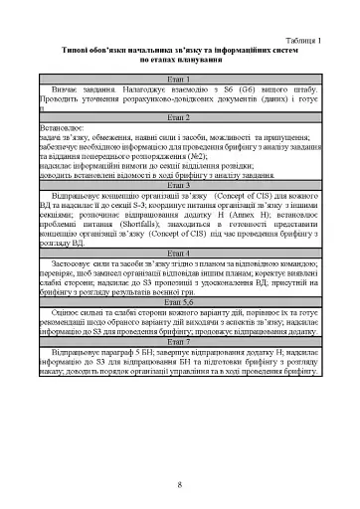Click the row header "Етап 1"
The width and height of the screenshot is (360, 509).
(180, 75)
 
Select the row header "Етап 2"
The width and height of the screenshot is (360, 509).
(180, 117)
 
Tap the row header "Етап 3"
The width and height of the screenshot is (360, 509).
(180, 185)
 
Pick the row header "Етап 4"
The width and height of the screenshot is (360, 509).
(180, 253)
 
